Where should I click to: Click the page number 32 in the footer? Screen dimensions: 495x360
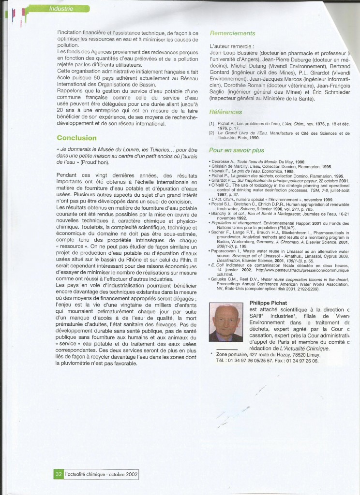(58, 474)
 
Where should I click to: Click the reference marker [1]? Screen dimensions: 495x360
(211, 124)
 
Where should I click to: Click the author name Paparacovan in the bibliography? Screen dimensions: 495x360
(227, 251)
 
